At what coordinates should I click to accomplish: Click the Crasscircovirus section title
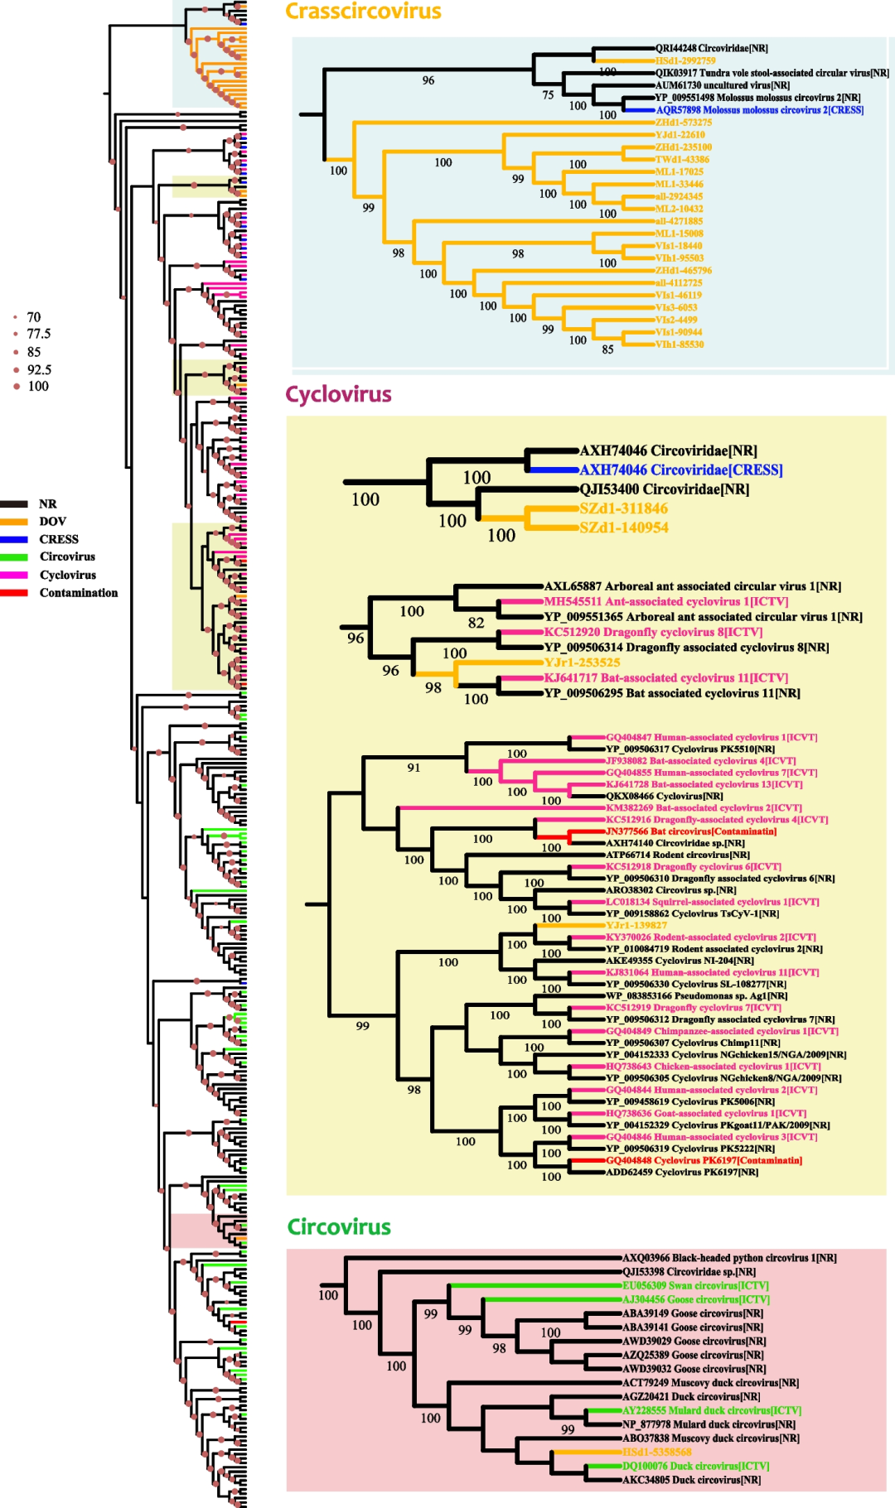tap(363, 12)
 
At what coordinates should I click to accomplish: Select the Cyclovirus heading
tap(338, 394)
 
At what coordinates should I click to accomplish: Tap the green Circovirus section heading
tap(339, 1226)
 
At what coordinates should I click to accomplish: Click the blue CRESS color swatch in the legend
tap(14, 539)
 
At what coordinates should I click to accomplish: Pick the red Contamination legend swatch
tap(14, 593)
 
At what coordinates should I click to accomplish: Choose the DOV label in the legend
tap(52, 522)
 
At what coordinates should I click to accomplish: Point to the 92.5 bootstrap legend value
tap(39, 370)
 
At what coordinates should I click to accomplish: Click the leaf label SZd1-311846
tap(623, 508)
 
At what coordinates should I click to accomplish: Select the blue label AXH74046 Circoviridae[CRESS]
tap(680, 470)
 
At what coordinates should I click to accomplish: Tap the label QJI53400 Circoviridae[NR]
tap(664, 489)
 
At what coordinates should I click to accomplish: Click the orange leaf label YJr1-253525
tap(582, 662)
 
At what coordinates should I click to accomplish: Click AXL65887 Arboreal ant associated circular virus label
tap(692, 586)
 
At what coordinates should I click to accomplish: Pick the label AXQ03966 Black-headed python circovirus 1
tap(729, 1258)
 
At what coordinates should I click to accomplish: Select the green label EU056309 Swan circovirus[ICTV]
tap(695, 1286)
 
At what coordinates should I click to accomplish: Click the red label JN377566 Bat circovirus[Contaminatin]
tap(691, 831)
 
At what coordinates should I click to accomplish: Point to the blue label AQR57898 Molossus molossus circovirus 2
tap(759, 110)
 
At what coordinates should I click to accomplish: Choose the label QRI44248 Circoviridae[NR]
tap(711, 49)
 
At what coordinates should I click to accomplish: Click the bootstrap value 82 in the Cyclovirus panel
tap(476, 623)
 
